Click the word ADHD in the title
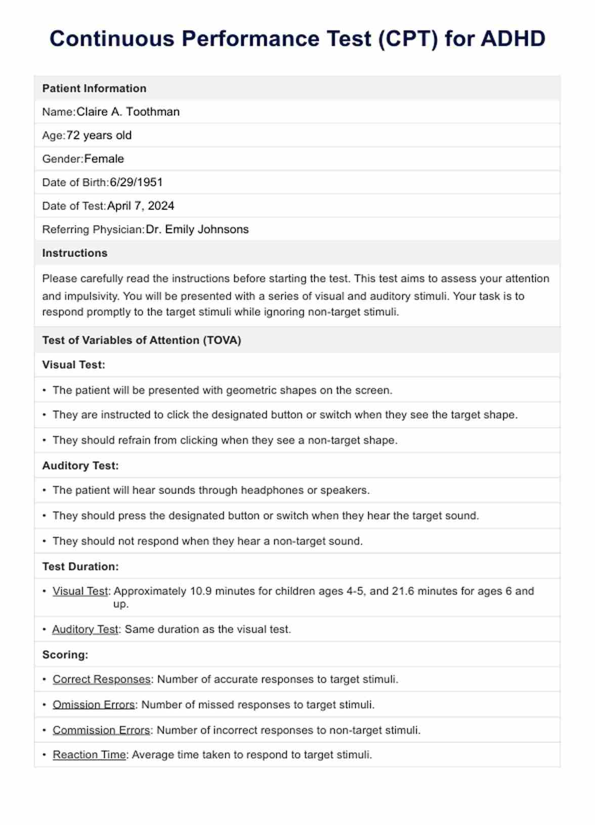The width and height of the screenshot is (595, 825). pos(513,39)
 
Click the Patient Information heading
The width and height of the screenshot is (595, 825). pos(94,89)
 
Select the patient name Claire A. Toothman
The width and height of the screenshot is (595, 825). pos(128,112)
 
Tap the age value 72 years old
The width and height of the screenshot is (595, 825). pos(99,136)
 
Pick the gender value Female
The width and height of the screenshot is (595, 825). pos(104,159)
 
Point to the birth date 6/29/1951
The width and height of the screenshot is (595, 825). pos(136,182)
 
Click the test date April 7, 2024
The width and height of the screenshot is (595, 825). pos(141,206)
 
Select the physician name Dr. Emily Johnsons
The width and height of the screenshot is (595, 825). pos(197,229)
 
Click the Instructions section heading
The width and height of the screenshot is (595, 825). pos(75,253)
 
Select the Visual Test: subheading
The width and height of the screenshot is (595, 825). pos(74,365)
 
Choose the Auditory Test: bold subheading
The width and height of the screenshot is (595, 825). pos(80,466)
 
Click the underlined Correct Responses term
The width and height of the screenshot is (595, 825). pos(101,679)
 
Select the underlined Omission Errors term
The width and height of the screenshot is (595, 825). pos(94,705)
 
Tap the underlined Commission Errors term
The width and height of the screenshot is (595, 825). pos(101,730)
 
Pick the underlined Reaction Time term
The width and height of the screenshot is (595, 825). pos(89,755)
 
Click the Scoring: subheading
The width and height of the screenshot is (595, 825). pos(65,655)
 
